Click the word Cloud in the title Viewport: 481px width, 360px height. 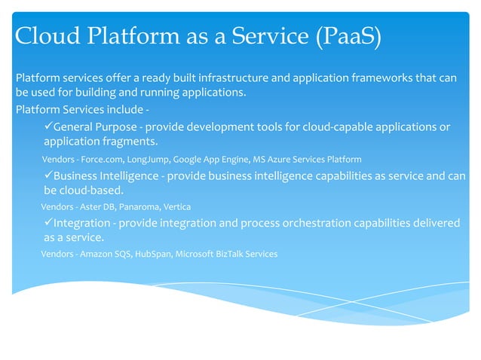point(47,36)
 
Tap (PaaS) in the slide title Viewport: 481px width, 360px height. point(344,36)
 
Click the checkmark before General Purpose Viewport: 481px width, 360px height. point(47,126)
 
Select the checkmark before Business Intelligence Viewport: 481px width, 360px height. point(47,175)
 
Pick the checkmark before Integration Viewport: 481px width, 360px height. point(47,223)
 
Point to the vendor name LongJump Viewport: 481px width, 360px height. point(148,160)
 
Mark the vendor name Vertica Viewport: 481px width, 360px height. point(177,206)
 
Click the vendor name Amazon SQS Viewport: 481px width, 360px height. point(106,254)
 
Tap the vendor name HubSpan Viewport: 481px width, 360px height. point(153,254)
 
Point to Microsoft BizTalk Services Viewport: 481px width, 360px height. point(226,254)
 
